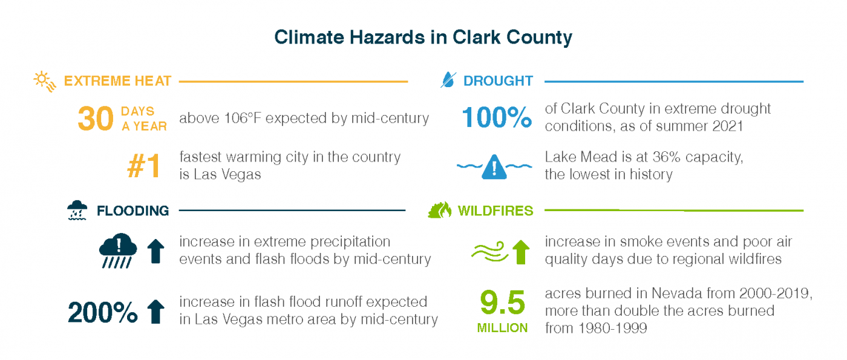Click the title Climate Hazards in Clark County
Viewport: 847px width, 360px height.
(423, 38)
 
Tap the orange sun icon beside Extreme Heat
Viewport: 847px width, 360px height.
(45, 81)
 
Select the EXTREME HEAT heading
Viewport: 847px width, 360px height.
(117, 81)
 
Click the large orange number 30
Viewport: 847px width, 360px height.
(95, 119)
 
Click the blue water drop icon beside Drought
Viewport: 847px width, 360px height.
(448, 80)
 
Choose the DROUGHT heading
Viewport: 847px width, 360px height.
(498, 81)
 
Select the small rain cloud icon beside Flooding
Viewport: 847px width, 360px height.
(76, 210)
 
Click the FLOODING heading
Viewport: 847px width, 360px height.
(132, 211)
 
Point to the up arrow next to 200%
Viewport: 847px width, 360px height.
(156, 312)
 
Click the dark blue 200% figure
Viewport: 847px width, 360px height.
(103, 312)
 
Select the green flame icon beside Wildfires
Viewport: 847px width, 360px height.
(439, 210)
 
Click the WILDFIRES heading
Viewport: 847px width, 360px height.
(495, 211)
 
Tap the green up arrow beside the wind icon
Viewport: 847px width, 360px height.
(520, 251)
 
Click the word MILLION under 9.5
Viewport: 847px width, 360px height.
(502, 329)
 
